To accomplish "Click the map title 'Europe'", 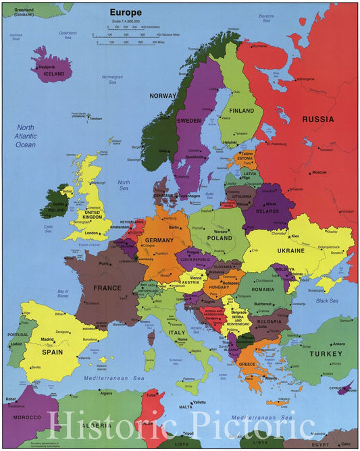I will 127,12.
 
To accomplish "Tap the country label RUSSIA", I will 317,120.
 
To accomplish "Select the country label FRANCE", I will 107,288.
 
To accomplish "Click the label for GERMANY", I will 159,240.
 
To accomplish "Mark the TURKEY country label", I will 326,354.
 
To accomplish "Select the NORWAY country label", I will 163,96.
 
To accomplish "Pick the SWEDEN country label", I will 189,121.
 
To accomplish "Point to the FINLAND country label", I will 241,111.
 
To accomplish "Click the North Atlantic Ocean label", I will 26,136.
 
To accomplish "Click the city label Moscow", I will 319,172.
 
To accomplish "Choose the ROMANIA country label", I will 263,289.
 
